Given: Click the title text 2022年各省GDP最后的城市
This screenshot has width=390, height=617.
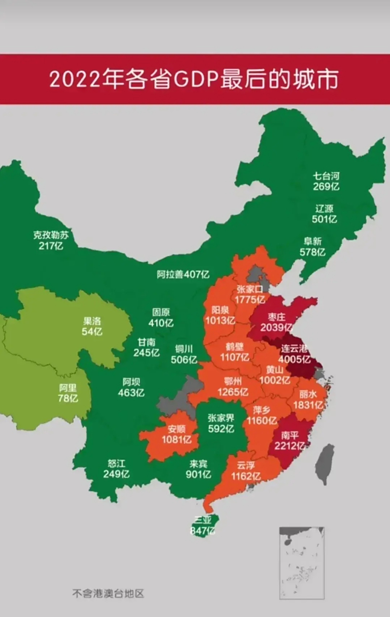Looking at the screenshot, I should [194, 80].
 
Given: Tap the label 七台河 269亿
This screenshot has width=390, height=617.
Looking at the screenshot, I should [326, 181].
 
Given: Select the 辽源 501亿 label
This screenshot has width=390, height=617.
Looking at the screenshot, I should [324, 214].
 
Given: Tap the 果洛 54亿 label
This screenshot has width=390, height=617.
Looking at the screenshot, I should [92, 326].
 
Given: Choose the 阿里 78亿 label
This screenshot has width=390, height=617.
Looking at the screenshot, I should [68, 393].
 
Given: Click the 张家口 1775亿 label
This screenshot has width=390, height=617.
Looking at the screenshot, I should [250, 294].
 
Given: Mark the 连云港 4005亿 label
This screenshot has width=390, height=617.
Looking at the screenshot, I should [294, 353].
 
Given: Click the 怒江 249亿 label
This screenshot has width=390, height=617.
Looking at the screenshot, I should [116, 469].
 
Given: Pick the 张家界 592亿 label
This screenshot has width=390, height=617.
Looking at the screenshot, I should [221, 423].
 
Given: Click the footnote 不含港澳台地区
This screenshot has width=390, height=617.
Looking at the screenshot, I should [108, 593].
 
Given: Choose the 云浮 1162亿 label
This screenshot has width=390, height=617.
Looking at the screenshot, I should [248, 471].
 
